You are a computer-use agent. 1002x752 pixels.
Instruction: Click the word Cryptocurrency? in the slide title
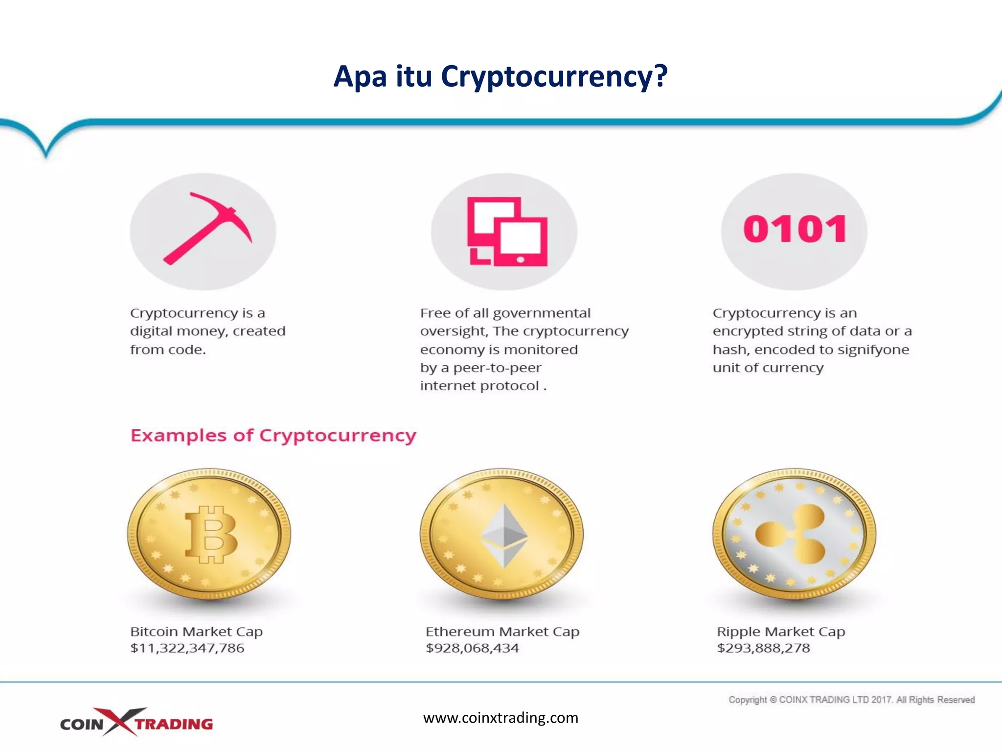click(x=554, y=77)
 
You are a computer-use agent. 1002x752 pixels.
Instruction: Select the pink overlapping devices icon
click(x=507, y=232)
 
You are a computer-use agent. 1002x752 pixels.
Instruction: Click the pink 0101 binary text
click(x=795, y=229)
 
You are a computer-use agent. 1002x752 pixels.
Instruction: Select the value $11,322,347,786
click(x=187, y=648)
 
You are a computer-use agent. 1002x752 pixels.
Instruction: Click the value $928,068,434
click(x=472, y=648)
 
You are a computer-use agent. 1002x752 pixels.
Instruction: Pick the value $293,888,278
click(x=763, y=648)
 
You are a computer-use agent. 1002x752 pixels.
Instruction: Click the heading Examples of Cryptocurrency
click(x=273, y=435)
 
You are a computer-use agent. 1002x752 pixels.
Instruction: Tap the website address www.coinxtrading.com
click(x=501, y=718)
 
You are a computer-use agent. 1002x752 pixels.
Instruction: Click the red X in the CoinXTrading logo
click(x=120, y=721)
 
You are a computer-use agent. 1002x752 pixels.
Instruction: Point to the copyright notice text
click(x=851, y=700)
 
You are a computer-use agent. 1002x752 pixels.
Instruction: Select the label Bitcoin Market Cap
click(x=196, y=632)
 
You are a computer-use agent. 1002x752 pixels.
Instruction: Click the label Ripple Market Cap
click(x=781, y=632)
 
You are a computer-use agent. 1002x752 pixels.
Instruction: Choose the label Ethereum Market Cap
click(x=502, y=632)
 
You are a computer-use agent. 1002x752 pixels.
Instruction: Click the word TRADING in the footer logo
click(x=174, y=724)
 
